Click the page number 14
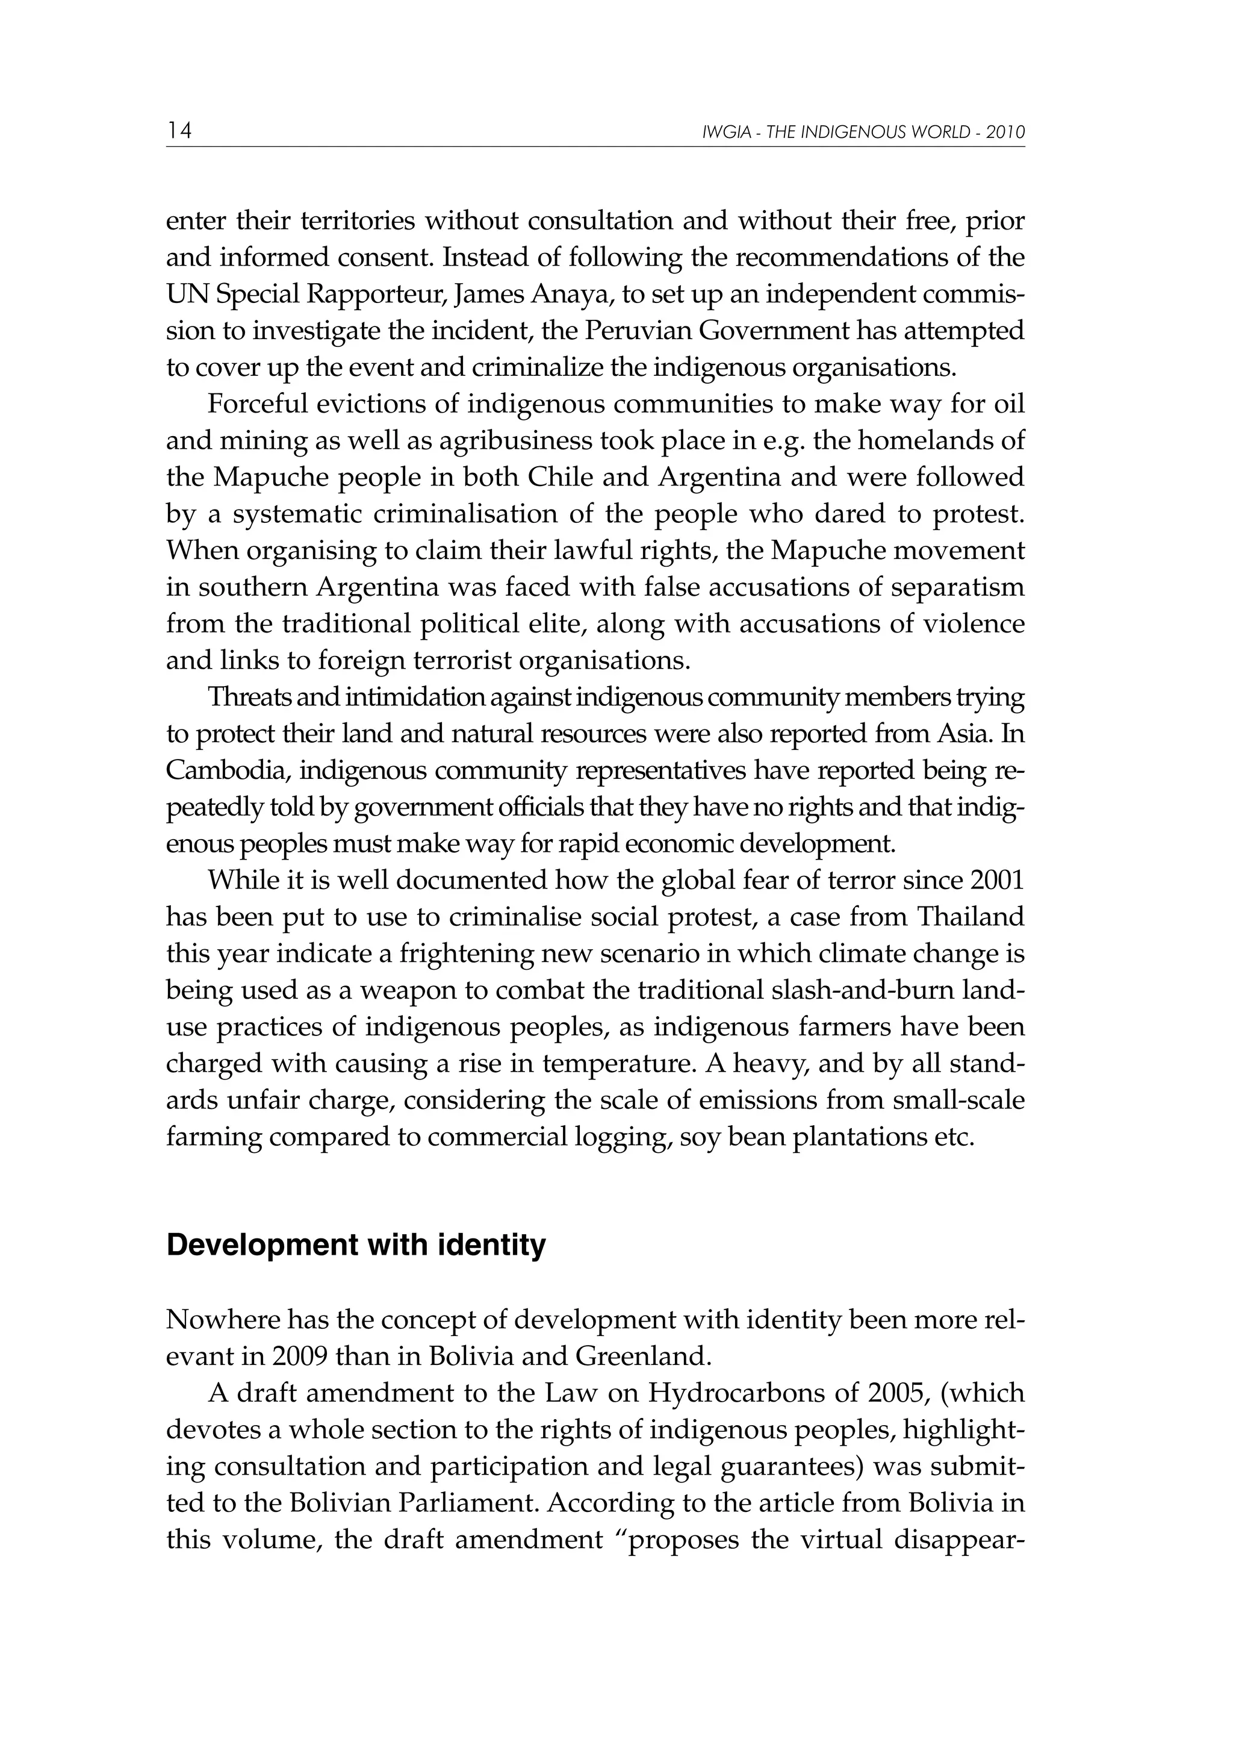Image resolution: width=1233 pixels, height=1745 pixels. [179, 131]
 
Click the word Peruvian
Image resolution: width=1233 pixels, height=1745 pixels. [641, 331]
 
